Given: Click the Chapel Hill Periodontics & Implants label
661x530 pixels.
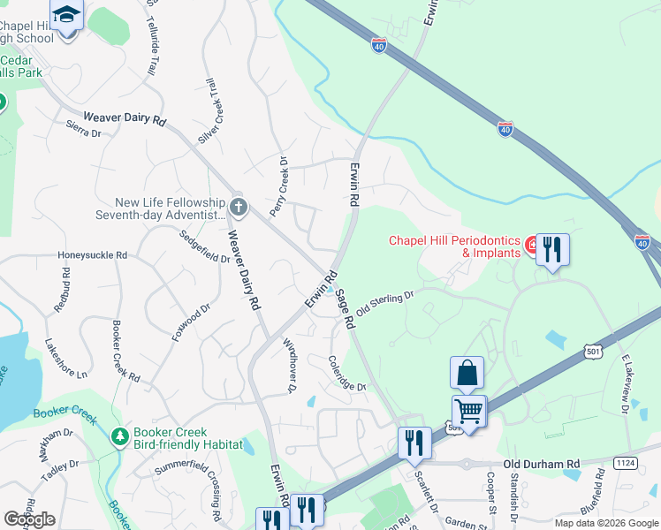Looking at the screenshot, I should click(455, 246).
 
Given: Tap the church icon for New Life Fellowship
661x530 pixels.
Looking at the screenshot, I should click(238, 208).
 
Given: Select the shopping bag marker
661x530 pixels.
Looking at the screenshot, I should click(467, 374).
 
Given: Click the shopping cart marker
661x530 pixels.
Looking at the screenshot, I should click(468, 411).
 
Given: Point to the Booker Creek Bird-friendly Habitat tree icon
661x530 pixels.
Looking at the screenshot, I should click(118, 436).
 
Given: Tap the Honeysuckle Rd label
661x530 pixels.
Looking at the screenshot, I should click(93, 255).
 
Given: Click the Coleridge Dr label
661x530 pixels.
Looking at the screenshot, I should click(346, 374).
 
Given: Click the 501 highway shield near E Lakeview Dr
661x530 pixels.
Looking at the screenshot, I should click(593, 352).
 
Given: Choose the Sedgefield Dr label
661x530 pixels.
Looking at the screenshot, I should click(204, 247).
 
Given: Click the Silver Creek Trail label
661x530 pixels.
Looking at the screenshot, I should click(210, 111).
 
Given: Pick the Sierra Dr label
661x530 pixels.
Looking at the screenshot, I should click(84, 130).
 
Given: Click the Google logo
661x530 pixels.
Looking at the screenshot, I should click(29, 519).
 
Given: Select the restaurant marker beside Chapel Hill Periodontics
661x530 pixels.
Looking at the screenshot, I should click(552, 250).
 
